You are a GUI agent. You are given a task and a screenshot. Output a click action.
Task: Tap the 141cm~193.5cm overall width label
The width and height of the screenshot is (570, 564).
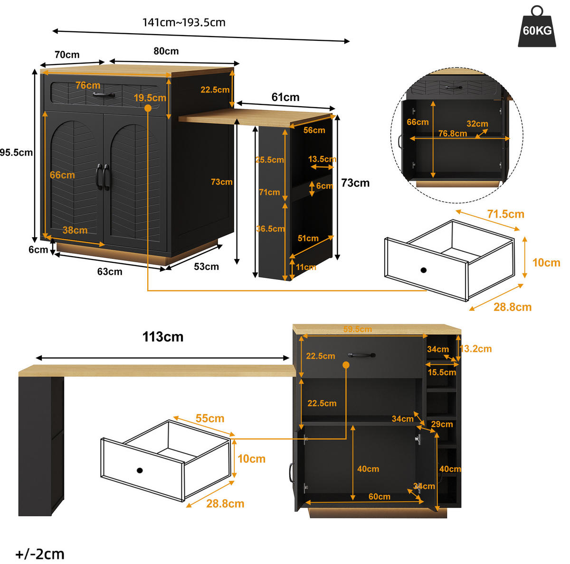[184, 22]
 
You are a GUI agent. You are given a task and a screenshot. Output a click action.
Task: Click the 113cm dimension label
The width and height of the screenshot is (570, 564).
[163, 336]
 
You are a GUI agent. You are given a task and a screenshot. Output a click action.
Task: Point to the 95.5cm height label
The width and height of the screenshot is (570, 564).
[16, 152]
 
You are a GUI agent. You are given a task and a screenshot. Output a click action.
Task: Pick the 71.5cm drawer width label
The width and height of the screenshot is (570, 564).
[505, 214]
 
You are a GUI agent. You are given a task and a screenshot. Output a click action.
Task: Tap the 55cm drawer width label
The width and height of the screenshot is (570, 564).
[210, 418]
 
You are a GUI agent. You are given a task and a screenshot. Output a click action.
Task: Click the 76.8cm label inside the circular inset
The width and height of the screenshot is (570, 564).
[453, 134]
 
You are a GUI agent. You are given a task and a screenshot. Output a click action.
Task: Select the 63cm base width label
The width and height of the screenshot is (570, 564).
[110, 271]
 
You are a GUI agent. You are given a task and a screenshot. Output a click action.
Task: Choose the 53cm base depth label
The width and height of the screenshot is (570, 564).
[206, 267]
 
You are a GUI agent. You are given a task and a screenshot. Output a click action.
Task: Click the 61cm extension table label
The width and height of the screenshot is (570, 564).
[285, 97]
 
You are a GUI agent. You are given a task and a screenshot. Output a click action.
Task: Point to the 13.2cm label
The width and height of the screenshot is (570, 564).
[475, 349]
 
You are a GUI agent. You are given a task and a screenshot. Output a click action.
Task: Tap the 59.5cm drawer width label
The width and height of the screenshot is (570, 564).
[357, 329]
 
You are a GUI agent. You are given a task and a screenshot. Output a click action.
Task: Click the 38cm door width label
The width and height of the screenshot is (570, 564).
[75, 230]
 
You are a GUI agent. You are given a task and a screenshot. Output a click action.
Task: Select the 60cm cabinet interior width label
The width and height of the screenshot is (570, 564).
[379, 497]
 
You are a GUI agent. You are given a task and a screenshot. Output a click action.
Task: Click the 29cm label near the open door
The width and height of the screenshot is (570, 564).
[442, 424]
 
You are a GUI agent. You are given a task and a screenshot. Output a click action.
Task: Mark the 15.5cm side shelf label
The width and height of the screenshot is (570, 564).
[442, 372]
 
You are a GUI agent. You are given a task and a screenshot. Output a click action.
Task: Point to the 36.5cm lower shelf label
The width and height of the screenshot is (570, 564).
[270, 228]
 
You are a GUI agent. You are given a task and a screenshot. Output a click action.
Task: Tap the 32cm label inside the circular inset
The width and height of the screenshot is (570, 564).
[477, 124]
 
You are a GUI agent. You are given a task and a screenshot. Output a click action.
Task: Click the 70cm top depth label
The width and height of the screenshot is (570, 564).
[67, 55]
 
